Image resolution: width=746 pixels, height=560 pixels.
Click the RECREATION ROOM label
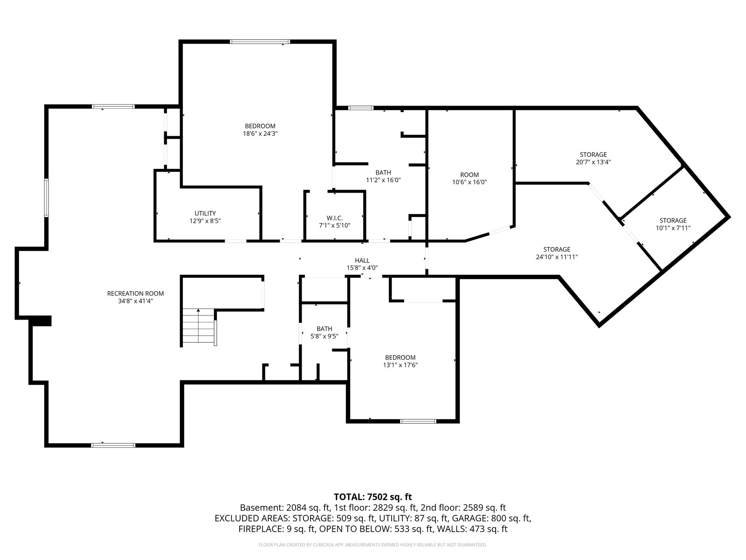coord(135,294)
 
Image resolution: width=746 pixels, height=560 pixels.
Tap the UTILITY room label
coord(205,213)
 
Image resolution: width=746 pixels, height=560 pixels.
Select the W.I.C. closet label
coord(334,218)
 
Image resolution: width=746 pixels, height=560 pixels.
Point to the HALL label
coord(362,260)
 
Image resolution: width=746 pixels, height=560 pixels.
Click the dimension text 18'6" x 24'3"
coord(260,133)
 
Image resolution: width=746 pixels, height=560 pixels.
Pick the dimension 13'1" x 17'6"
coord(400,365)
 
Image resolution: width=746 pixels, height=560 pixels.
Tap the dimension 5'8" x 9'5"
coord(324,336)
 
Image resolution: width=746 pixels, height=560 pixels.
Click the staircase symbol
coord(199,327)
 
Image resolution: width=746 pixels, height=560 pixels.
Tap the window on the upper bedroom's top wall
coord(260,42)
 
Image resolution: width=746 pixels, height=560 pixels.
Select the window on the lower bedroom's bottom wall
coord(418,421)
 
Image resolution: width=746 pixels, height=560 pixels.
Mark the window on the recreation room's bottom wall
coord(113,445)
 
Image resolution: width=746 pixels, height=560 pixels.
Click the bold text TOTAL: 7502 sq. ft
coord(373,497)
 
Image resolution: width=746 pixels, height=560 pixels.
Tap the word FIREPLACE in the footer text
coord(259,529)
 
